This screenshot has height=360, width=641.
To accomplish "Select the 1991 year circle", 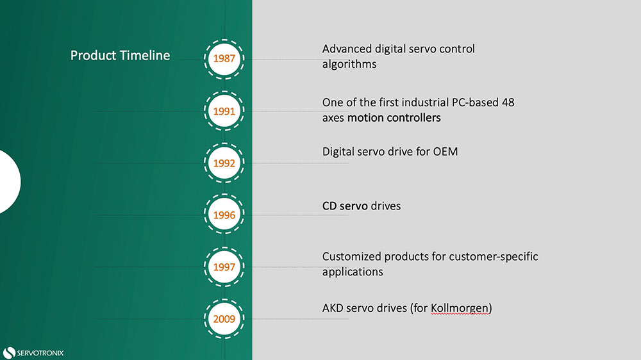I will click(224, 111).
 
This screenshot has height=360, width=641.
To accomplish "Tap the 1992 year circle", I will click(224, 163).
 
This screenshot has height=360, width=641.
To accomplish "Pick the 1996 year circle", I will click(224, 215).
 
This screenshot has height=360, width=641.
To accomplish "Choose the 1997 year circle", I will click(224, 266).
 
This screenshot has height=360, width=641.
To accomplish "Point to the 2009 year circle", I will click(224, 318).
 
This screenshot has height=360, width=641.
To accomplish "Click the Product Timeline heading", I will click(120, 56).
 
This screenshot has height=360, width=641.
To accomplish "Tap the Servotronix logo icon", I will click(9, 352).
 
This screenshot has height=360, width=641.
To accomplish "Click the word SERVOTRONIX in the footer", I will click(40, 352).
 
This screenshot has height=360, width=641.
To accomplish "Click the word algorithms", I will click(349, 64).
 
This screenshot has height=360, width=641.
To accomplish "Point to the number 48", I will click(508, 102).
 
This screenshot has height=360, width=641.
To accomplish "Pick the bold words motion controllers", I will click(394, 118).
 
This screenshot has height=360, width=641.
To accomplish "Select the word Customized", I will click(352, 256).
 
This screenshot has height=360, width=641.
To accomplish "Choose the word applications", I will click(352, 272).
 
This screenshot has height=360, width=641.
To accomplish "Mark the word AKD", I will click(333, 308).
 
